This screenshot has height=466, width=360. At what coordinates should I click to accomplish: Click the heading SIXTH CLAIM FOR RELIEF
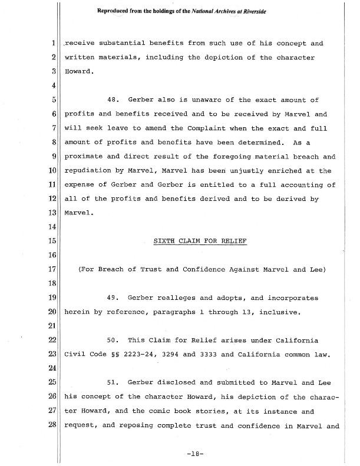pyautogui.click(x=200, y=241)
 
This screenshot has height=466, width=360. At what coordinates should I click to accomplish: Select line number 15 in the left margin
pyautogui.click(x=51, y=241)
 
